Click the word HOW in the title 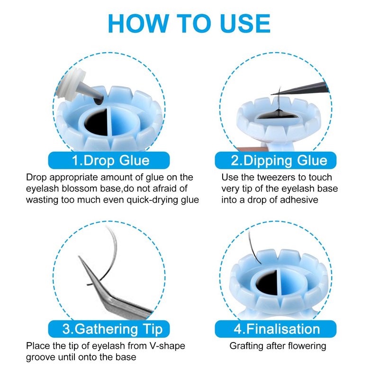tap(138, 23)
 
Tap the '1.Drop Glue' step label tap(109, 161)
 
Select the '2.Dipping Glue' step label tap(276, 161)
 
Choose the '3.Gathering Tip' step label tap(109, 329)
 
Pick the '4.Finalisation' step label tap(276, 329)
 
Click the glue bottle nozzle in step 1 tap(91, 93)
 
